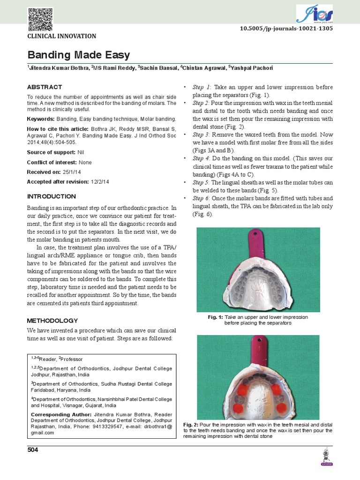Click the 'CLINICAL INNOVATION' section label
click(62, 36)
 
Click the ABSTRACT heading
click(44, 87)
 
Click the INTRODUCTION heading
click(51, 196)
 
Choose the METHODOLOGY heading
click(52, 321)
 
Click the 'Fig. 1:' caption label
click(215, 317)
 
